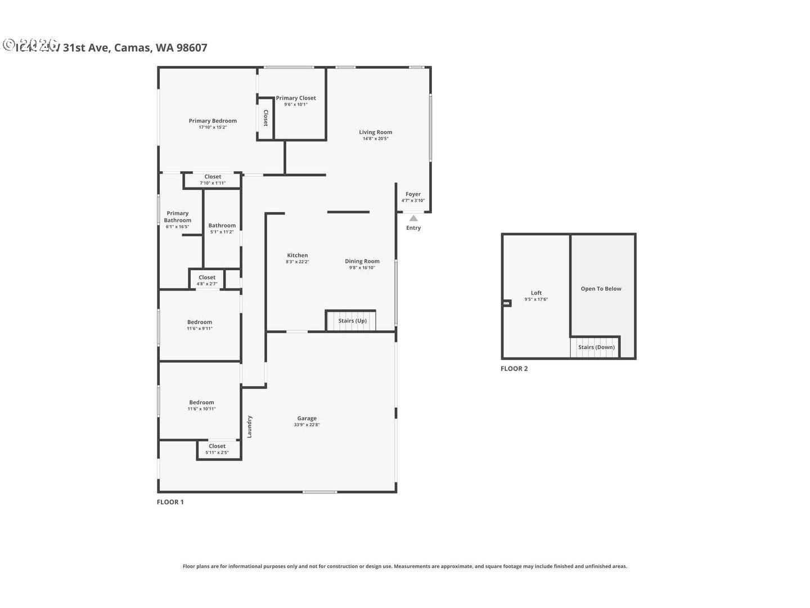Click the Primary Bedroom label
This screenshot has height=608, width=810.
(213, 121)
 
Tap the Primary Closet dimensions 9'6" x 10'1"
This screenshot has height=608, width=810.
(295, 105)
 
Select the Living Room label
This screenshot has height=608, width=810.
(375, 132)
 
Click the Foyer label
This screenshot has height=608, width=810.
(413, 194)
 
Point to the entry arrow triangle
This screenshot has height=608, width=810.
(413, 218)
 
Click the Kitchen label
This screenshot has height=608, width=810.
(297, 256)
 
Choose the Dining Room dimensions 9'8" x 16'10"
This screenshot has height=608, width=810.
(362, 268)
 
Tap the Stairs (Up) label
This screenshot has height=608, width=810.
(352, 321)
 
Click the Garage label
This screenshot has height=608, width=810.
(307, 418)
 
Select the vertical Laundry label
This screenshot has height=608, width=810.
(249, 427)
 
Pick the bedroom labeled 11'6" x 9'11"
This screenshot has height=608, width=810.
(200, 325)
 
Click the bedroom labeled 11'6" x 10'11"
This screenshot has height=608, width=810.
(201, 405)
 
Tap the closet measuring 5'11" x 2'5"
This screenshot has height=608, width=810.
(217, 449)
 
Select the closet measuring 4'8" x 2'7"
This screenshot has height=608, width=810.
(207, 280)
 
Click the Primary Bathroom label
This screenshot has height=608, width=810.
(177, 217)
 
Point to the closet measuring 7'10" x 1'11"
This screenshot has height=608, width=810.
(213, 180)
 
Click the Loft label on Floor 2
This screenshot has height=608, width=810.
(536, 293)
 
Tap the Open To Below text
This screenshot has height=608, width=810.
(601, 289)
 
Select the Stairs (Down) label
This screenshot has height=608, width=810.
(596, 347)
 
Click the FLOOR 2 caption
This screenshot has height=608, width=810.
(514, 369)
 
